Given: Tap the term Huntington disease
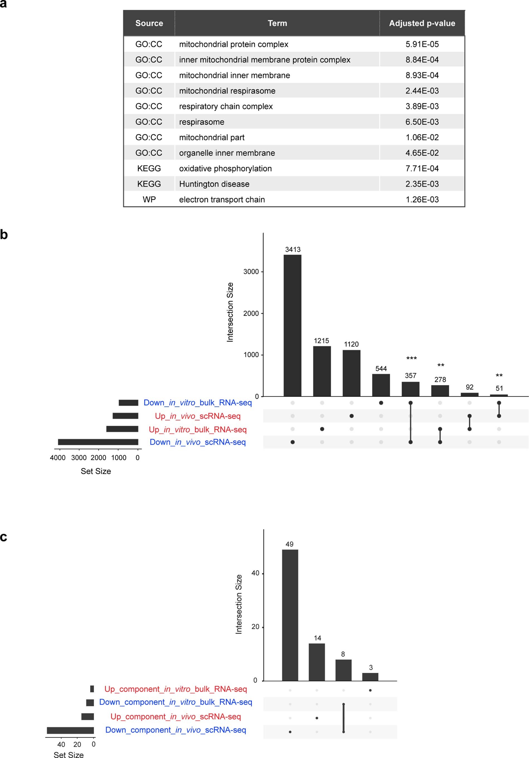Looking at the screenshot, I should [x=214, y=184].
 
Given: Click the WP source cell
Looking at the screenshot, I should [x=149, y=199].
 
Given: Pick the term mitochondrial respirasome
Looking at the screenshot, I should [x=227, y=91].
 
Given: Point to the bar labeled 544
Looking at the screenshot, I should [x=381, y=385].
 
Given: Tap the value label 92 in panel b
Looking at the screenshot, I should [x=469, y=387].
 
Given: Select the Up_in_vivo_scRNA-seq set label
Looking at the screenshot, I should [x=198, y=416].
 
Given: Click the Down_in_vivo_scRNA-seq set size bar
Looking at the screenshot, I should [x=98, y=442].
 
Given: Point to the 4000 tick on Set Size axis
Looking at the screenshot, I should [x=58, y=458].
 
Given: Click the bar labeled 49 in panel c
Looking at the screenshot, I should [x=290, y=615].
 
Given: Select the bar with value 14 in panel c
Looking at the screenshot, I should [x=317, y=662].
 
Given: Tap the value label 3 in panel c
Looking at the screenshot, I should [x=371, y=667].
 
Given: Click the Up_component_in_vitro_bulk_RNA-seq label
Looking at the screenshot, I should [x=176, y=689].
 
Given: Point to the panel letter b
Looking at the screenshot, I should [x=4, y=235].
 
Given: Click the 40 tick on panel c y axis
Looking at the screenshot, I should [x=255, y=573].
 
